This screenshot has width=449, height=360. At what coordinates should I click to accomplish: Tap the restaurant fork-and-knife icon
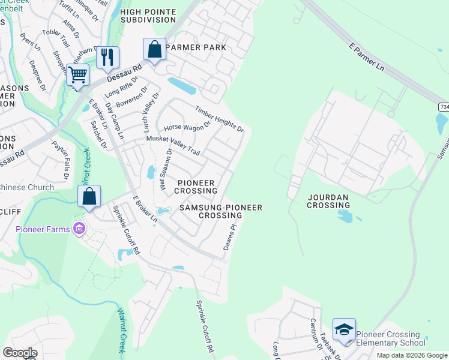(x=107, y=57)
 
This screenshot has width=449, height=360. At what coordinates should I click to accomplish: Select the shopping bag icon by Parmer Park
(x=154, y=49)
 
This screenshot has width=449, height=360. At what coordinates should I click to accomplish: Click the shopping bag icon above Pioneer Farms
(x=89, y=196)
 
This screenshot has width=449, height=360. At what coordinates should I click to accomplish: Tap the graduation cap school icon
(x=344, y=329)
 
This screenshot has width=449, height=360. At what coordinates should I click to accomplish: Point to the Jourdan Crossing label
(x=328, y=201)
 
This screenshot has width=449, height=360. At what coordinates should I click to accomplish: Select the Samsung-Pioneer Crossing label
(x=221, y=211)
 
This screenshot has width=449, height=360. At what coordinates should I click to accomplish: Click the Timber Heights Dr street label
(x=219, y=119)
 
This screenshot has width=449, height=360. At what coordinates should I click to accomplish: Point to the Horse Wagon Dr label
(x=187, y=126)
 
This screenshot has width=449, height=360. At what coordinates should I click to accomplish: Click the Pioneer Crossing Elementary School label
(x=391, y=338)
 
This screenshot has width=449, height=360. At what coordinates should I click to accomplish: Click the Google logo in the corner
(x=20, y=352)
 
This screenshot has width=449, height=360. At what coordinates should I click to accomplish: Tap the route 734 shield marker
(x=443, y=106)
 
